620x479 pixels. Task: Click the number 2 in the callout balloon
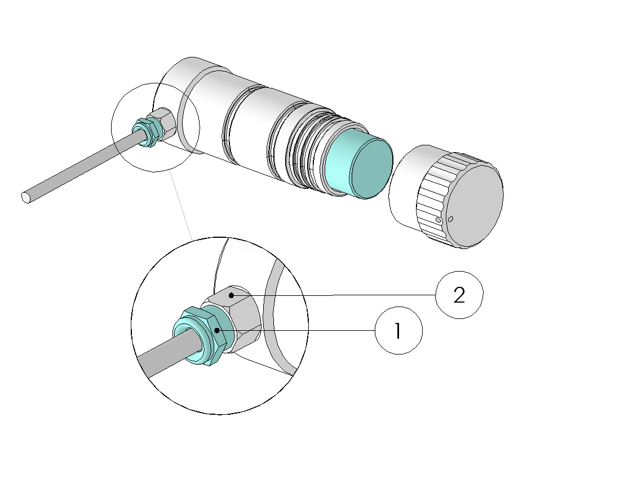coord(459,295)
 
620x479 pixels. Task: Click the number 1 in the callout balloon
coord(398,330)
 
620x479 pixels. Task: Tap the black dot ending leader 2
coord(231,295)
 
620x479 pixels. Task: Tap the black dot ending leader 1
coord(216,330)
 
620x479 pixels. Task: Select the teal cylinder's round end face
coord(371,168)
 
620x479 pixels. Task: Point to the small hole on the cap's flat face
coord(451,219)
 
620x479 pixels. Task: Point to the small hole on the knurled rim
coord(438,219)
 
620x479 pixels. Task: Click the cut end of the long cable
coord(26,197)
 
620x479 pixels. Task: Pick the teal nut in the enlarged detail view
coord(200,335)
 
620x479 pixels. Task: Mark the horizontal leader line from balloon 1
coord(296,330)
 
